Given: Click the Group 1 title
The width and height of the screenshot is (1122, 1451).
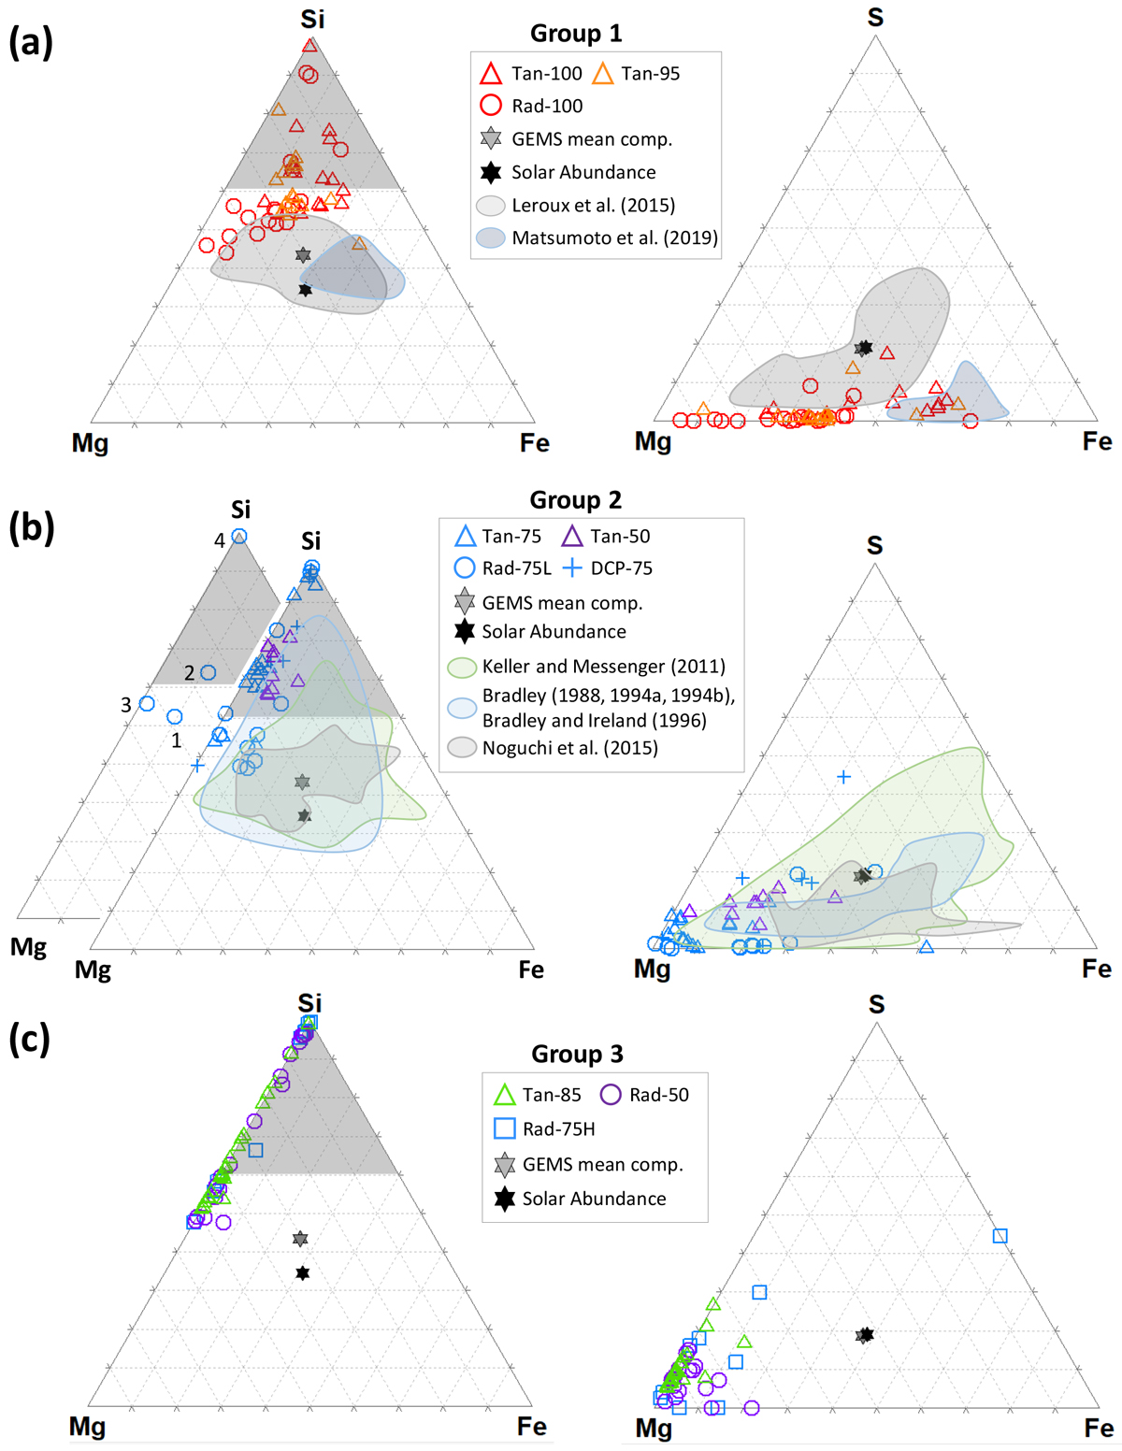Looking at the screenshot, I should click(576, 34).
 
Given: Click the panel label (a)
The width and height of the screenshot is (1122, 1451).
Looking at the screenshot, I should click(31, 42).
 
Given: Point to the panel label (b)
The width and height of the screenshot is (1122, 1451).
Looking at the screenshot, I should click(31, 528).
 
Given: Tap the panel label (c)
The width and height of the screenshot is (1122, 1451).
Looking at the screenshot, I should click(30, 1039).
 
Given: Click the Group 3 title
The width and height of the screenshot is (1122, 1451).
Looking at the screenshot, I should click(577, 1055).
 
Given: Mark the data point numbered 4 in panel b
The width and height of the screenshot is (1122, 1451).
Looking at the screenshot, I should click(239, 537).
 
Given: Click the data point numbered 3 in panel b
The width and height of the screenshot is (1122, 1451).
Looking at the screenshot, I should click(147, 703).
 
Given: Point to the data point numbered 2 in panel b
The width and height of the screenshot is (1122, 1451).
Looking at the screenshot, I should click(209, 673).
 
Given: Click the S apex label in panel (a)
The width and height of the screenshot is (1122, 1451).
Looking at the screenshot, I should click(875, 18).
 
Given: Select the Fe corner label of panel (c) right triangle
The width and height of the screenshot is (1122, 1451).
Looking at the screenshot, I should click(1099, 1428).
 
